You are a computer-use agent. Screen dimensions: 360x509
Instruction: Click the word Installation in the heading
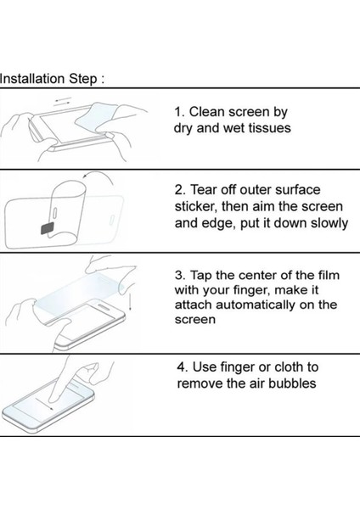(x=32, y=79)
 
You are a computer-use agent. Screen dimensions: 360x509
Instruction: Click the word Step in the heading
(x=83, y=80)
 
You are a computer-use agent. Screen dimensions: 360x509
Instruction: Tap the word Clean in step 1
(x=206, y=112)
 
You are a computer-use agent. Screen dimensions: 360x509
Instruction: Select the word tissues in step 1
(x=269, y=128)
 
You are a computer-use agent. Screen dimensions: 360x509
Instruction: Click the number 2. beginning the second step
(x=180, y=190)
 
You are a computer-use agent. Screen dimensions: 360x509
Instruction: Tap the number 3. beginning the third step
(x=180, y=275)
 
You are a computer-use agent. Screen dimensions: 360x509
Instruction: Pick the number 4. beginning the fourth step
(x=183, y=367)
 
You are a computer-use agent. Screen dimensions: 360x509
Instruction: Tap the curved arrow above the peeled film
(x=98, y=176)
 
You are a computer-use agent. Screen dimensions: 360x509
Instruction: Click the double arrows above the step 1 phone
(x=63, y=100)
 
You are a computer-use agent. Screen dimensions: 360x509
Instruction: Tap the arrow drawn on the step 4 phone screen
(x=44, y=404)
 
